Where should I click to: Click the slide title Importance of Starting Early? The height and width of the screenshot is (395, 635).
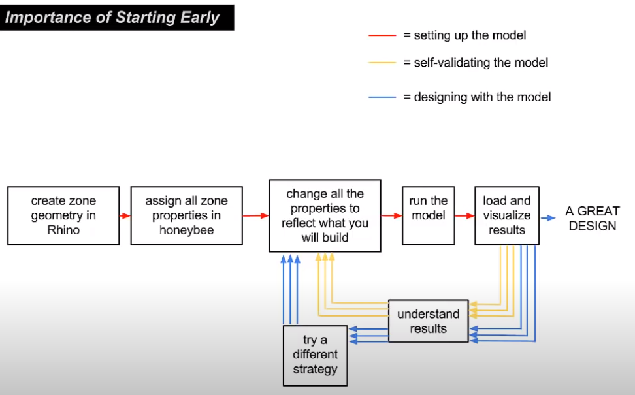112,18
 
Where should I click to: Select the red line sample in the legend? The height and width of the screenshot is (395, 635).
382,36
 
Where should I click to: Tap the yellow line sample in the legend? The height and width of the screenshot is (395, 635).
382,63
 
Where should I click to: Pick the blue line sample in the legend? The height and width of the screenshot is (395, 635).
382,97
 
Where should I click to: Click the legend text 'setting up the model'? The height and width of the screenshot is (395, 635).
470,36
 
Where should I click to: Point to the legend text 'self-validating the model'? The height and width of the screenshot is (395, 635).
481,63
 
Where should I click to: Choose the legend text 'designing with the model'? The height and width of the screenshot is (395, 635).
482,97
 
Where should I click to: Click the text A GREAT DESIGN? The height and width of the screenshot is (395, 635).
593,218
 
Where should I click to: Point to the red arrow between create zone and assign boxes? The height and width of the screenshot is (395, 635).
125,215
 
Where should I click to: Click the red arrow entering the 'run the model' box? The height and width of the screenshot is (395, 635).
391,215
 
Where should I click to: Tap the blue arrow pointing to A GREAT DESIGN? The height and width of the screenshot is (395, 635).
548,218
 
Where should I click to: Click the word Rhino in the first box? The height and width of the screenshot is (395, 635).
63,230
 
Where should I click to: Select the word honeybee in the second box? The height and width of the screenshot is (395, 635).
187,230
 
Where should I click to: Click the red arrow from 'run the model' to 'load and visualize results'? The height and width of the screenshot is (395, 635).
465,215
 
